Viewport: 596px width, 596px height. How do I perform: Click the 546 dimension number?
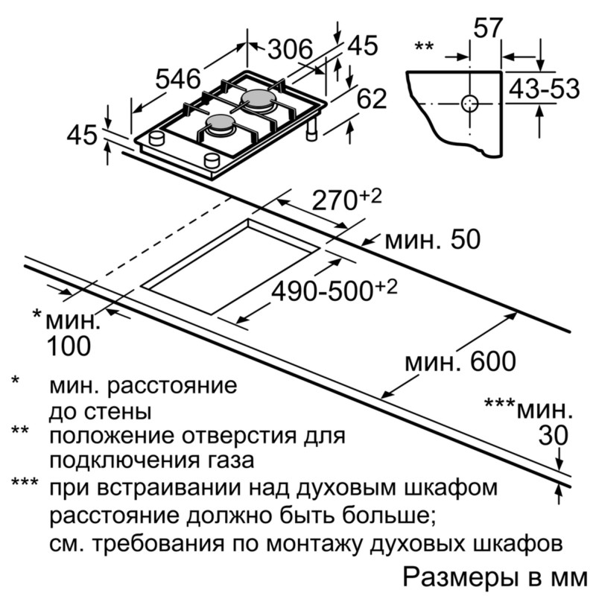[177, 79]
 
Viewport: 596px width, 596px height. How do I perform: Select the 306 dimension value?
[291, 49]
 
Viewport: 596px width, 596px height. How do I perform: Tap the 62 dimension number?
[371, 98]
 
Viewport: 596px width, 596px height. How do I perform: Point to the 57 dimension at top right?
[488, 28]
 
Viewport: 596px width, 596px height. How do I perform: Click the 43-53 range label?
[544, 89]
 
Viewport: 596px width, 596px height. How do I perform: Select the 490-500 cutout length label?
[334, 291]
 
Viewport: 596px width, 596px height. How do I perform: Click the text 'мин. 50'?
[433, 239]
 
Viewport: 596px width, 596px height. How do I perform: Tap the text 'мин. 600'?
[460, 361]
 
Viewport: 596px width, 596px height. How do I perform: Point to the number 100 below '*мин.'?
[69, 346]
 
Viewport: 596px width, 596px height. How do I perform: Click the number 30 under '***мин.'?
[553, 435]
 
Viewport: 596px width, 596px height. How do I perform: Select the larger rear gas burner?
[257, 100]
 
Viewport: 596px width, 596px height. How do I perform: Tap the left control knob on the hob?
[156, 138]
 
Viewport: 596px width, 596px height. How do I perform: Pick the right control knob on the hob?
[212, 160]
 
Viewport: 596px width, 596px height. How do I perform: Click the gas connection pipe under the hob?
[311, 129]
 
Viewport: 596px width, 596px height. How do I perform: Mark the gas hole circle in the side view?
[470, 103]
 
